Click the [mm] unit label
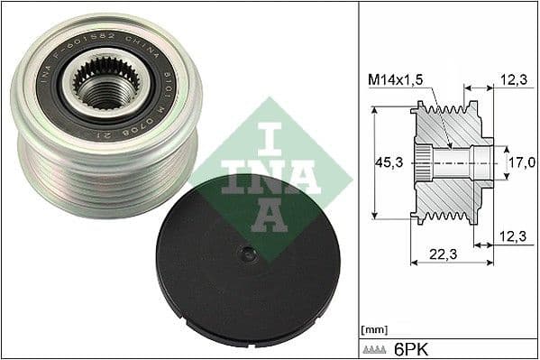click(373, 328)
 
